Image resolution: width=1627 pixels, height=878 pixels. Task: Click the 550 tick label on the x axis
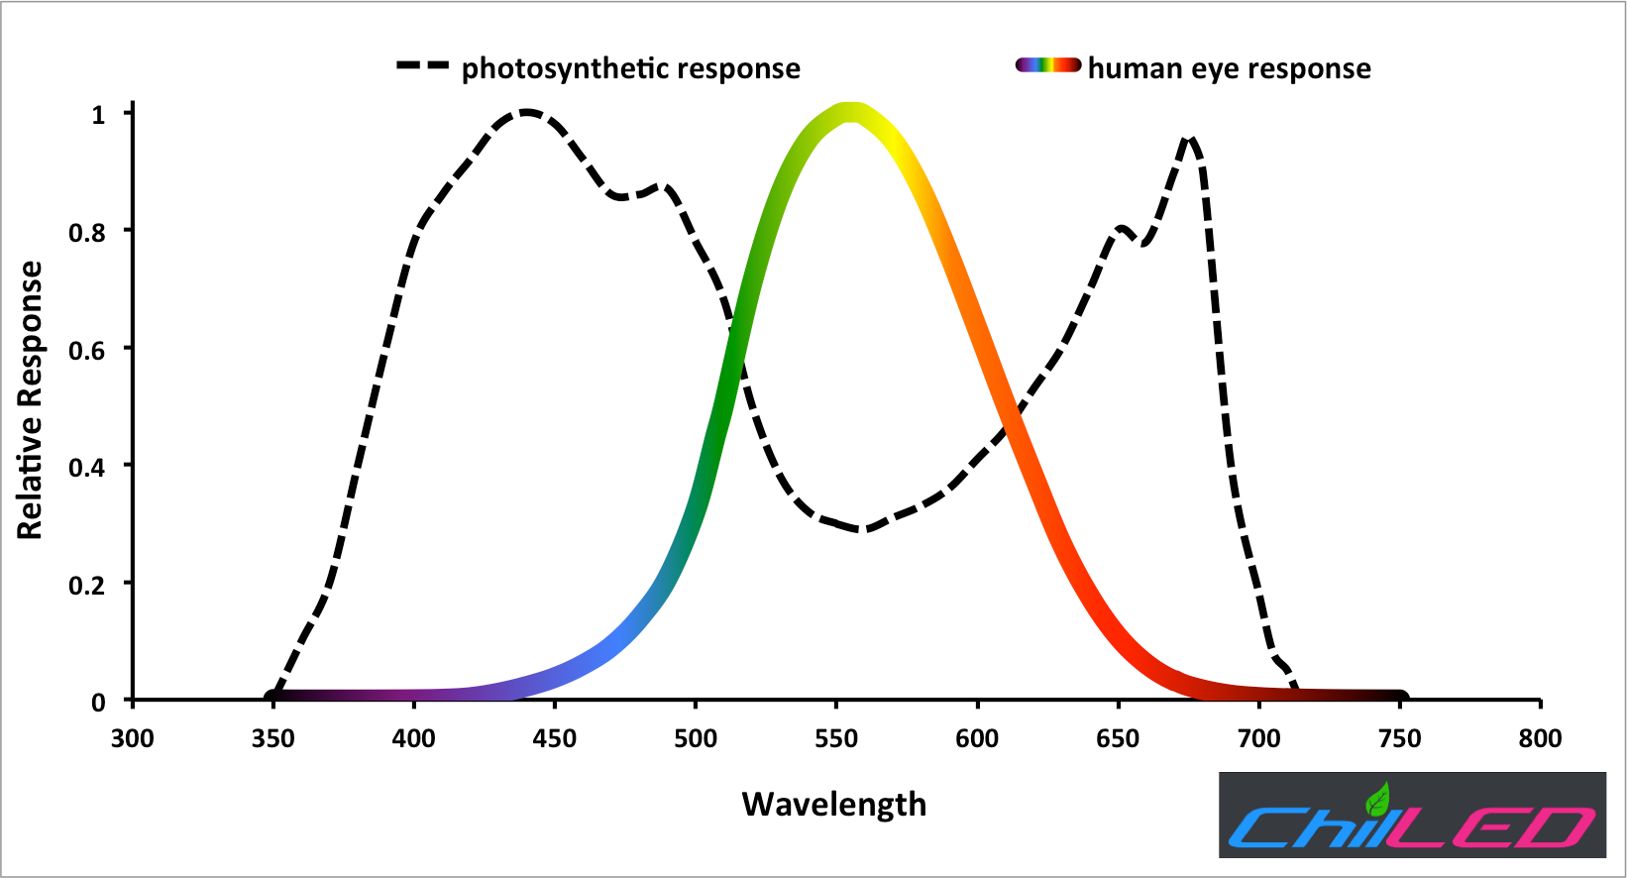(836, 738)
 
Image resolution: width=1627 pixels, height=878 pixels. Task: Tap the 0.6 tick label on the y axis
(86, 350)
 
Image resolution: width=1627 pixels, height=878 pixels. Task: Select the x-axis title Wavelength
(833, 804)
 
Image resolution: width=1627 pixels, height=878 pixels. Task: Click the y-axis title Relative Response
(31, 400)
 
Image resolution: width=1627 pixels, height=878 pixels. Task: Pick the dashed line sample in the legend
(423, 66)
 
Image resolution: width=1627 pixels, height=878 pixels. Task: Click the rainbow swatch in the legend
(1047, 65)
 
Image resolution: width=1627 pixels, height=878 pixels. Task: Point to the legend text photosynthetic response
(630, 68)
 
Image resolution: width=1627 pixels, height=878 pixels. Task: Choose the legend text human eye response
(1229, 68)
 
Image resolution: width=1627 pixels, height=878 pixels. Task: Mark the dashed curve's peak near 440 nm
(525, 113)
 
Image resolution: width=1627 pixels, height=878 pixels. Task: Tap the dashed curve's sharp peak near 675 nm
(1190, 141)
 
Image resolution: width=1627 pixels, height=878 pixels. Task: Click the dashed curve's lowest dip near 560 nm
(864, 530)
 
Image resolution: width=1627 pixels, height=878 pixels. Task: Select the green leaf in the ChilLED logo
(1377, 799)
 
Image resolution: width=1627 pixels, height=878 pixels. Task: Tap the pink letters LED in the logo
(1496, 828)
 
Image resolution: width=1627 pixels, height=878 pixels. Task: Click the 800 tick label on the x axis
(1540, 738)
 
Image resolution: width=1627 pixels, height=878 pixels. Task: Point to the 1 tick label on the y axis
(97, 115)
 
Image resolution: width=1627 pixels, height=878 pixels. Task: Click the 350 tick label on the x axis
(272, 738)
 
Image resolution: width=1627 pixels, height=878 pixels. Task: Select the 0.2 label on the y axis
(86, 586)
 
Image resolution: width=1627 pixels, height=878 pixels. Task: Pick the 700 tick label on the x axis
(1258, 738)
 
